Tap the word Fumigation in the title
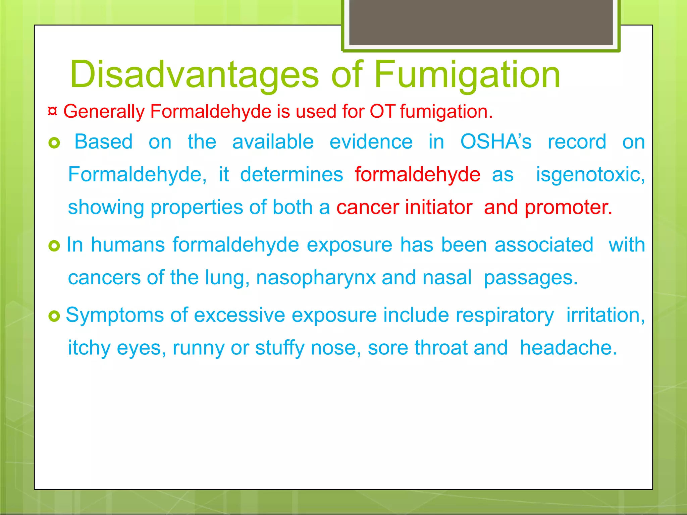(x=467, y=74)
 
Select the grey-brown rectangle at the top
(x=481, y=22)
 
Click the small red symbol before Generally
(x=52, y=111)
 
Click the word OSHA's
(x=496, y=141)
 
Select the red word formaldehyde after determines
(x=418, y=174)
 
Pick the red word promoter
(x=568, y=207)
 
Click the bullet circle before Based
(x=54, y=143)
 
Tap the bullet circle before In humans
(x=54, y=246)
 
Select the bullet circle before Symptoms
(x=54, y=316)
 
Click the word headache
(x=568, y=347)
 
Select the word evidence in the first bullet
(x=371, y=141)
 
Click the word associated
(x=544, y=244)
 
